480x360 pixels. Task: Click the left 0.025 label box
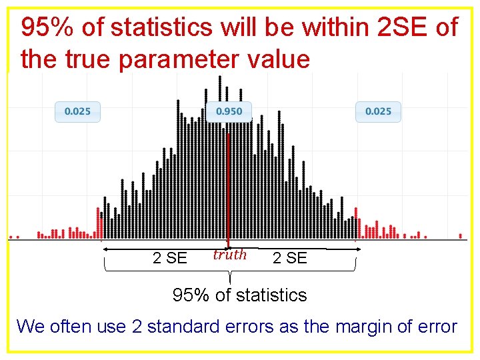77,111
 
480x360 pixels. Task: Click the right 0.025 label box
378,111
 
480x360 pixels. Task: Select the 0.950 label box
229,111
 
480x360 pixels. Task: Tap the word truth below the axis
229,255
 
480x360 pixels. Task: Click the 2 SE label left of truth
170,258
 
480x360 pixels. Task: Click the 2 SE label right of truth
290,258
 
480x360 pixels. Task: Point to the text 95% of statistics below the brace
239,295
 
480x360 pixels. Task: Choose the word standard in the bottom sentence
187,327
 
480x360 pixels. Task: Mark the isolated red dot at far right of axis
461,235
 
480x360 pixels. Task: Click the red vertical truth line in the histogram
228,187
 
